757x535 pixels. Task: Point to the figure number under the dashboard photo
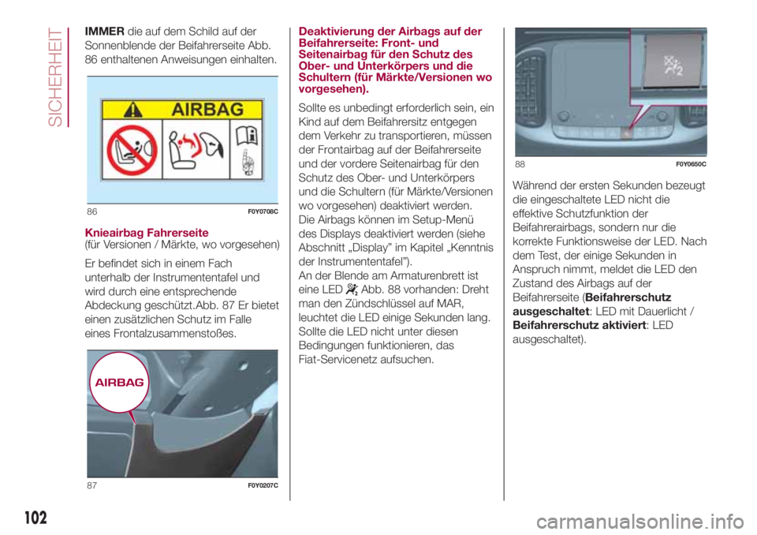520,163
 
